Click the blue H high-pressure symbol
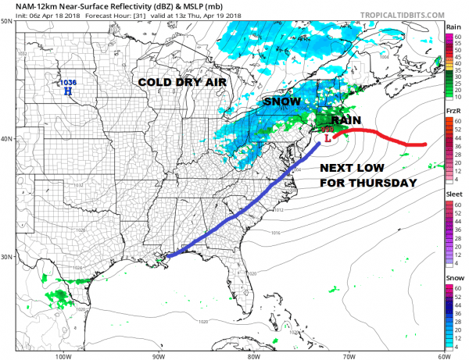(68, 91)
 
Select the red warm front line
(383, 137)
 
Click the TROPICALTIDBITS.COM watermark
(406, 13)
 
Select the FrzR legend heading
(453, 112)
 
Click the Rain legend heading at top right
(453, 27)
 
